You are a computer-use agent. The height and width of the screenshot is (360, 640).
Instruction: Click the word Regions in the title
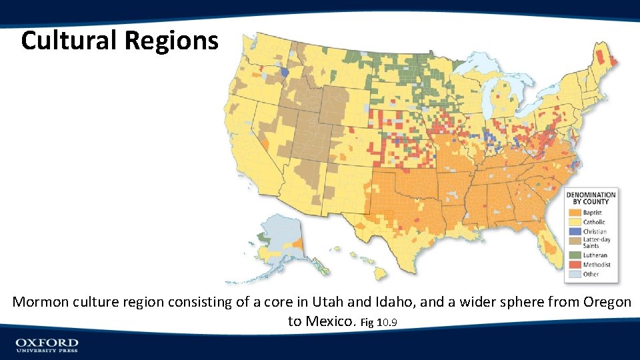pyautogui.click(x=171, y=41)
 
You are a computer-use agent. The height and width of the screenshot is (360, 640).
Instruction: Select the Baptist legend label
pyautogui.click(x=593, y=213)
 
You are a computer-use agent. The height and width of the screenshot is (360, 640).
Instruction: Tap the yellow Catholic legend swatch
pyautogui.click(x=575, y=222)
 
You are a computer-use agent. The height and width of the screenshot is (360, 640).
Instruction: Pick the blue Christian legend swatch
pyautogui.click(x=575, y=231)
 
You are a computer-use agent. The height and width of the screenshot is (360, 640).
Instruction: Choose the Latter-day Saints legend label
pyautogui.click(x=597, y=243)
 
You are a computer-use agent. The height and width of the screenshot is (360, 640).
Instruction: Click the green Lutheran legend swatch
pyautogui.click(x=575, y=255)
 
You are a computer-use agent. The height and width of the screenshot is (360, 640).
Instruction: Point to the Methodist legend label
pyautogui.click(x=596, y=265)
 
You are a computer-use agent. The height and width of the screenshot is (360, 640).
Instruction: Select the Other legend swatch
pyautogui.click(x=575, y=274)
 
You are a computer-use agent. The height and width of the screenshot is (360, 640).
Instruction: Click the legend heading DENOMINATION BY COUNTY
pyautogui.click(x=591, y=198)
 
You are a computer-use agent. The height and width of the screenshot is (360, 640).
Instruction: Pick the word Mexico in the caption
pyautogui.click(x=330, y=321)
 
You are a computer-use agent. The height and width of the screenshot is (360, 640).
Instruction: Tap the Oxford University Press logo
pyautogui.click(x=47, y=345)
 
